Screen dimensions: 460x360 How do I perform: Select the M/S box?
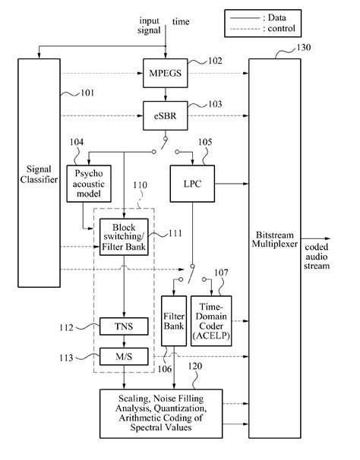pos(124,354)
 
